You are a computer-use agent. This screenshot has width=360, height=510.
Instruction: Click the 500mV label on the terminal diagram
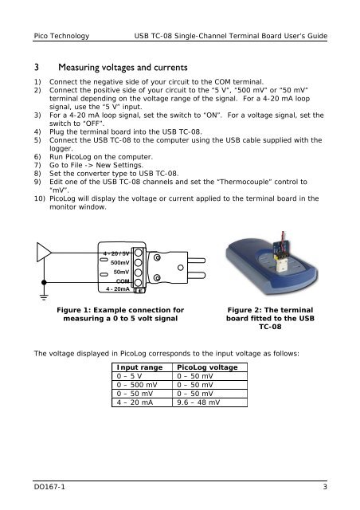[120, 262]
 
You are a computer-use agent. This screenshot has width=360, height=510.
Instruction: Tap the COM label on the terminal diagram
[123, 281]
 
